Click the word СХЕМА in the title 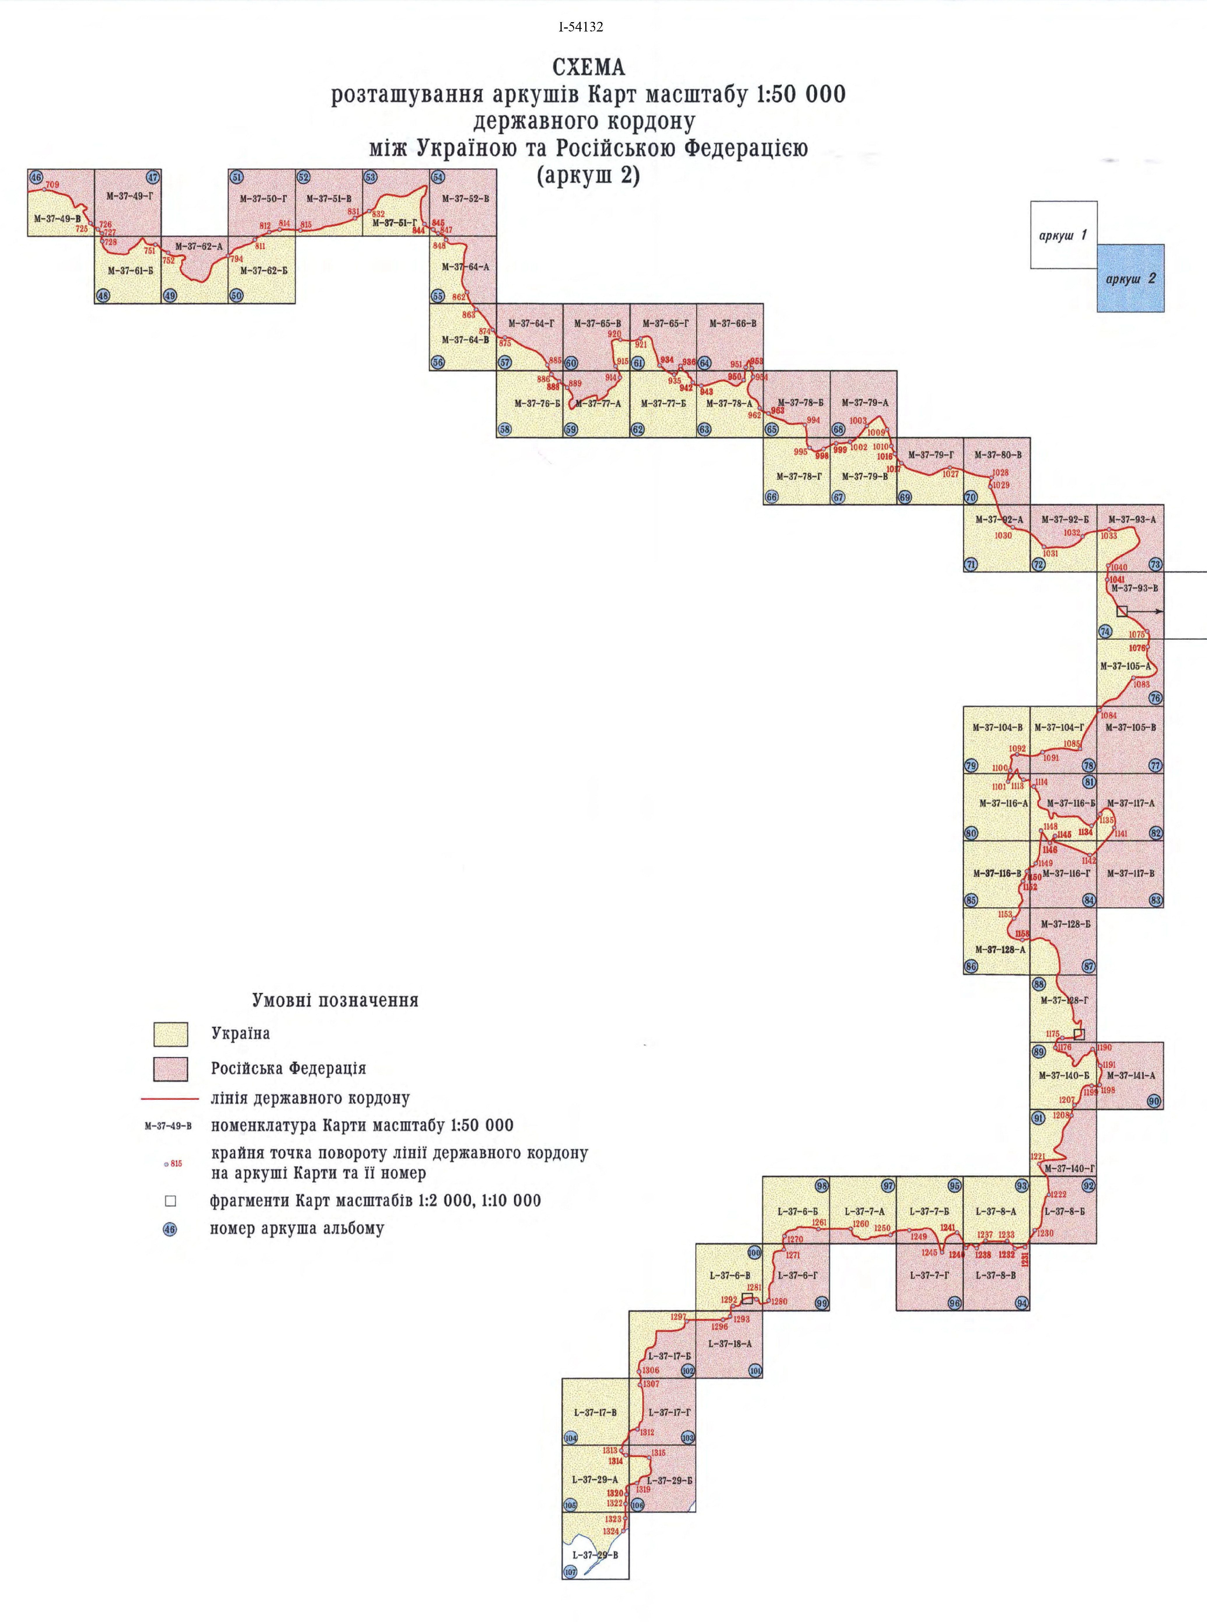click(589, 68)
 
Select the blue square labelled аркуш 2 click(1130, 278)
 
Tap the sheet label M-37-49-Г click(129, 196)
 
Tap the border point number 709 click(52, 185)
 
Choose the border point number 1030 click(1003, 535)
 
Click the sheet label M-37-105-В click(1130, 727)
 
